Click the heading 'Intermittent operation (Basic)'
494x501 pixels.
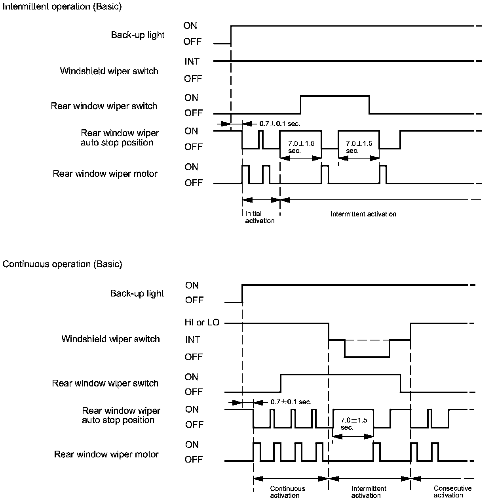tap(62, 7)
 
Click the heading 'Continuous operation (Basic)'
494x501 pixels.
tap(63, 264)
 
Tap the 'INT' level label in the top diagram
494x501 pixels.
tap(192, 61)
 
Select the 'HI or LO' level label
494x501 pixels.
tap(202, 322)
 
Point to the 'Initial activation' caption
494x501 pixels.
tap(260, 217)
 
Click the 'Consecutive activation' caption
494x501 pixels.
tap(452, 492)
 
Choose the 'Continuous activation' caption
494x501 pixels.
tap(287, 492)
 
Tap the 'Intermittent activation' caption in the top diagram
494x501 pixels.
tap(363, 214)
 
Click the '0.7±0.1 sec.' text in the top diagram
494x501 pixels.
tap(280, 124)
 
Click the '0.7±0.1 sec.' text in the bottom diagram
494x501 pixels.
tap(291, 402)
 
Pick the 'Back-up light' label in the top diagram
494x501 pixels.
tap(138, 35)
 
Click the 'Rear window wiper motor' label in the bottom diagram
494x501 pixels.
tap(106, 454)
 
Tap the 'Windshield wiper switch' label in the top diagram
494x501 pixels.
tap(109, 71)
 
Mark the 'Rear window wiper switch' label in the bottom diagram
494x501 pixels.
tap(105, 383)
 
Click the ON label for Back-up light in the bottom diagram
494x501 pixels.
tap(192, 285)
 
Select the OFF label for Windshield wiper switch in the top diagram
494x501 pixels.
tap(193, 79)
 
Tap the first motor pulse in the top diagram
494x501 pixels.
tap(245, 174)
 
